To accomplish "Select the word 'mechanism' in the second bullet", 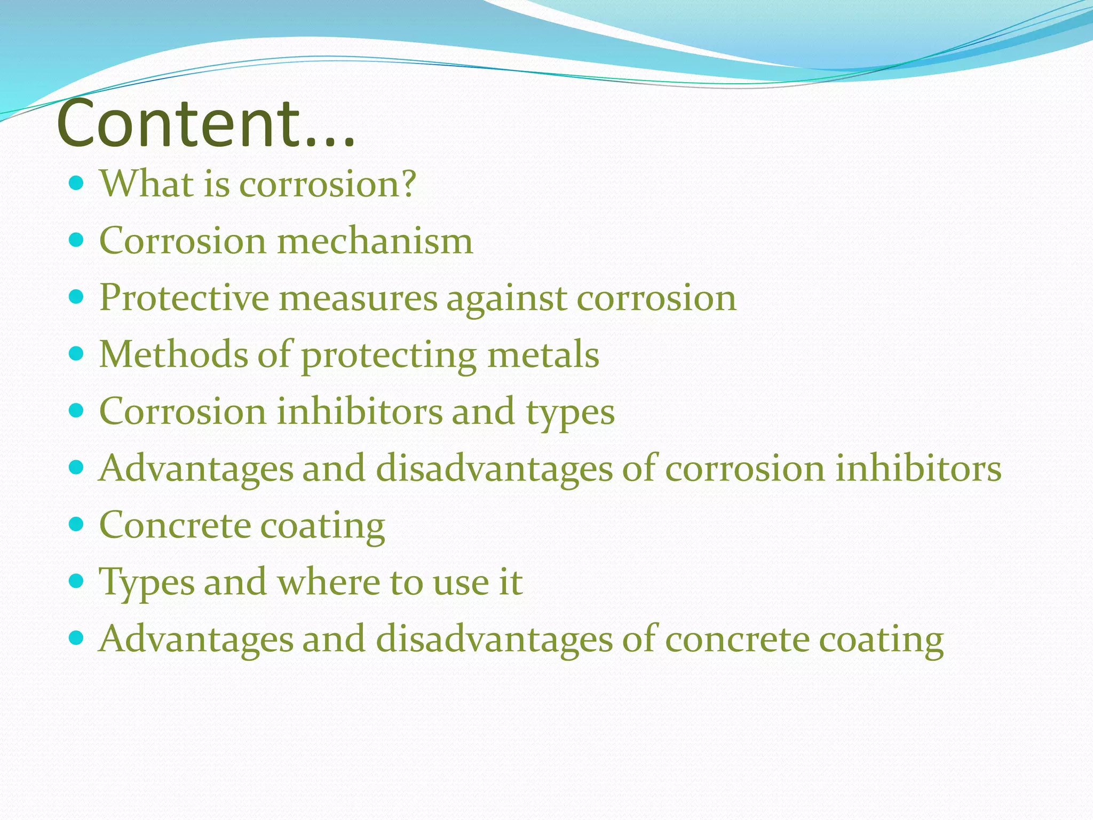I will (x=375, y=241).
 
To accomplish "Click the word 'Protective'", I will (x=184, y=297).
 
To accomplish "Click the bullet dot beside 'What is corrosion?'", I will (x=77, y=184).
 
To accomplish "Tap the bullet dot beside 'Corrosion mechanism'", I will (x=77, y=240).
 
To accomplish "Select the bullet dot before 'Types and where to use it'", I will (x=77, y=581).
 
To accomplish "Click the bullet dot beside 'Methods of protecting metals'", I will (x=77, y=353).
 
